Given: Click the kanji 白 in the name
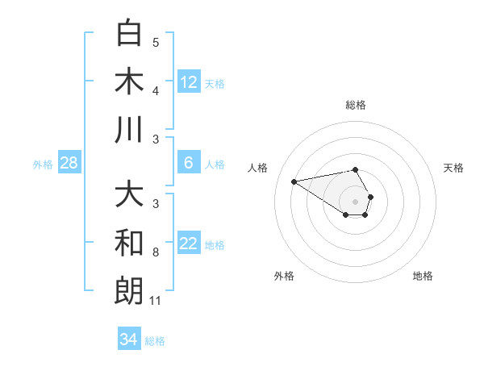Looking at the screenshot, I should tap(130, 33).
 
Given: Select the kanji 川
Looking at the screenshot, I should tap(130, 130).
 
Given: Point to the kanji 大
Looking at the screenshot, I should tap(130, 195).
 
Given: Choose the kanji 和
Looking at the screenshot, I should tap(130, 243).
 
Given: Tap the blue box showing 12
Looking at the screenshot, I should tap(189, 81).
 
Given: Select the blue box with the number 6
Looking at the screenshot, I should tap(189, 163).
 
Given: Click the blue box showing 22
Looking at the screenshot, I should tap(189, 244).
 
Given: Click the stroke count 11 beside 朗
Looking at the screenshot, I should tap(156, 301).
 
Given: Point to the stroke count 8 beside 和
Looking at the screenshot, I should tap(155, 252).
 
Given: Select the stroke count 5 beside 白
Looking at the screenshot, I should tap(156, 43).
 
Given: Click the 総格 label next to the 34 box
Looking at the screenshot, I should tap(155, 341).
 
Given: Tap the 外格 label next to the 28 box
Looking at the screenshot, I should tap(43, 165).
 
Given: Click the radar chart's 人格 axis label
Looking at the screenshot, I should tap(258, 168).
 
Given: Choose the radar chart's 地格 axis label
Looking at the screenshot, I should tap(423, 276).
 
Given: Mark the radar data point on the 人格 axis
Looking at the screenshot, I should tap(294, 181).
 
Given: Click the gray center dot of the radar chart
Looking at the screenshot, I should tap(355, 201).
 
